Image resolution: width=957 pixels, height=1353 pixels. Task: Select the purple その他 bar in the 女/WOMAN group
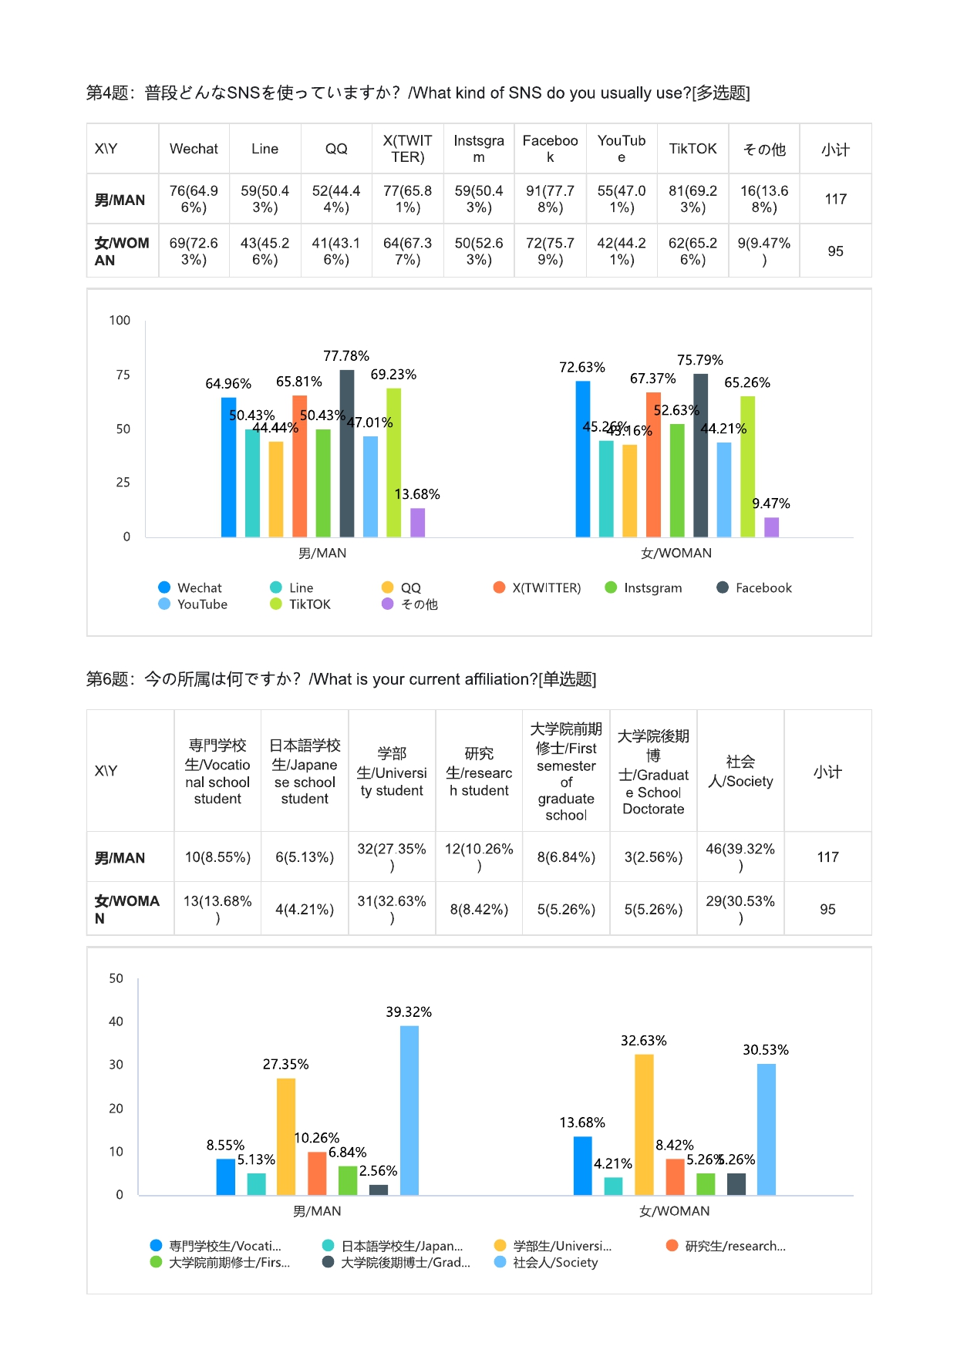click(771, 527)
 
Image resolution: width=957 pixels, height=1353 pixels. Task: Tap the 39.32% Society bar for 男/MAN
click(409, 1110)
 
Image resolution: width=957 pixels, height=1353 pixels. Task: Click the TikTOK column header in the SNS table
click(692, 149)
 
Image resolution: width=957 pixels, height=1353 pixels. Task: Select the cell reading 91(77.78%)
click(550, 199)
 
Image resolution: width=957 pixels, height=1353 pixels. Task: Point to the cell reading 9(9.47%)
click(763, 251)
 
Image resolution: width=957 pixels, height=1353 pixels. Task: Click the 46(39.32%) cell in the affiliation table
click(740, 857)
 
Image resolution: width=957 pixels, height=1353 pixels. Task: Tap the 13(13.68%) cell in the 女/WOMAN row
click(217, 909)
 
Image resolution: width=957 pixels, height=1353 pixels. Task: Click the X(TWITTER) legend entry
click(537, 587)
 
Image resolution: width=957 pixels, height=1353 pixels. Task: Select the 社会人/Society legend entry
click(547, 1262)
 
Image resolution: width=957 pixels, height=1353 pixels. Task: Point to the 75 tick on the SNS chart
click(123, 375)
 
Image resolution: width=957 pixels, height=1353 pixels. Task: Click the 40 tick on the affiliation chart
click(116, 1021)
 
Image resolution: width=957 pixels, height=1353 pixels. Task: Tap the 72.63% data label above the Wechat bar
click(582, 367)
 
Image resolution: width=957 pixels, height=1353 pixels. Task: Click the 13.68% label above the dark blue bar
click(582, 1122)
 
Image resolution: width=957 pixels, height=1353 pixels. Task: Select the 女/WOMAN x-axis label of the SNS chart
click(676, 553)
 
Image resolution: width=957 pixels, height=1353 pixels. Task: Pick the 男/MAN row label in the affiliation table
click(120, 857)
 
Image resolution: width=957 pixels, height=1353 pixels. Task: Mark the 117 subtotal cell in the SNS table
click(835, 199)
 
